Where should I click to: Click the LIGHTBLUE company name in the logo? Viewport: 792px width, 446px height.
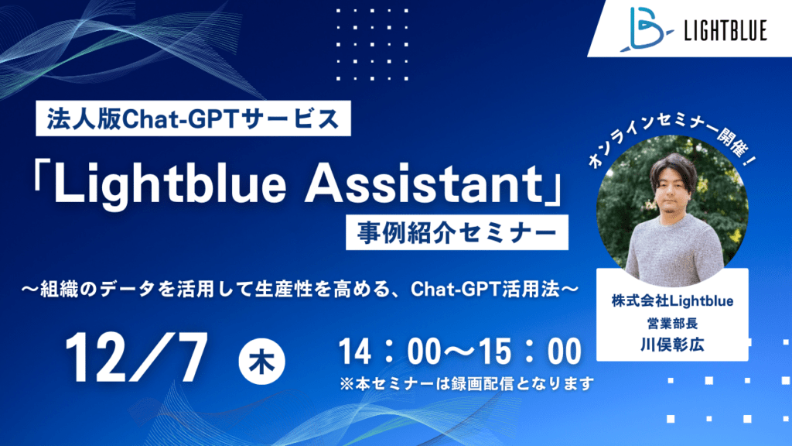[x=725, y=30]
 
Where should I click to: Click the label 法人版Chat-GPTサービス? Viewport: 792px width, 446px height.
[x=193, y=118]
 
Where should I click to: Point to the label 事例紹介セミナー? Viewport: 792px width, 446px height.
[x=456, y=232]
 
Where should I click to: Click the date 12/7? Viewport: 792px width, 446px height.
[x=136, y=358]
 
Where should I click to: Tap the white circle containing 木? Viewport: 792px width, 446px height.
[x=261, y=362]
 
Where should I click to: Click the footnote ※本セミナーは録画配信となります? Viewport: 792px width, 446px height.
[x=466, y=384]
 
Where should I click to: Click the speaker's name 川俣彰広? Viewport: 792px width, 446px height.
[x=672, y=345]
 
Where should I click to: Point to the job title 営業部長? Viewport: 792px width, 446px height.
[x=672, y=323]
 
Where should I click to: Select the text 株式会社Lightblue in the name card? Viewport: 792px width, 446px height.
[x=672, y=301]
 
